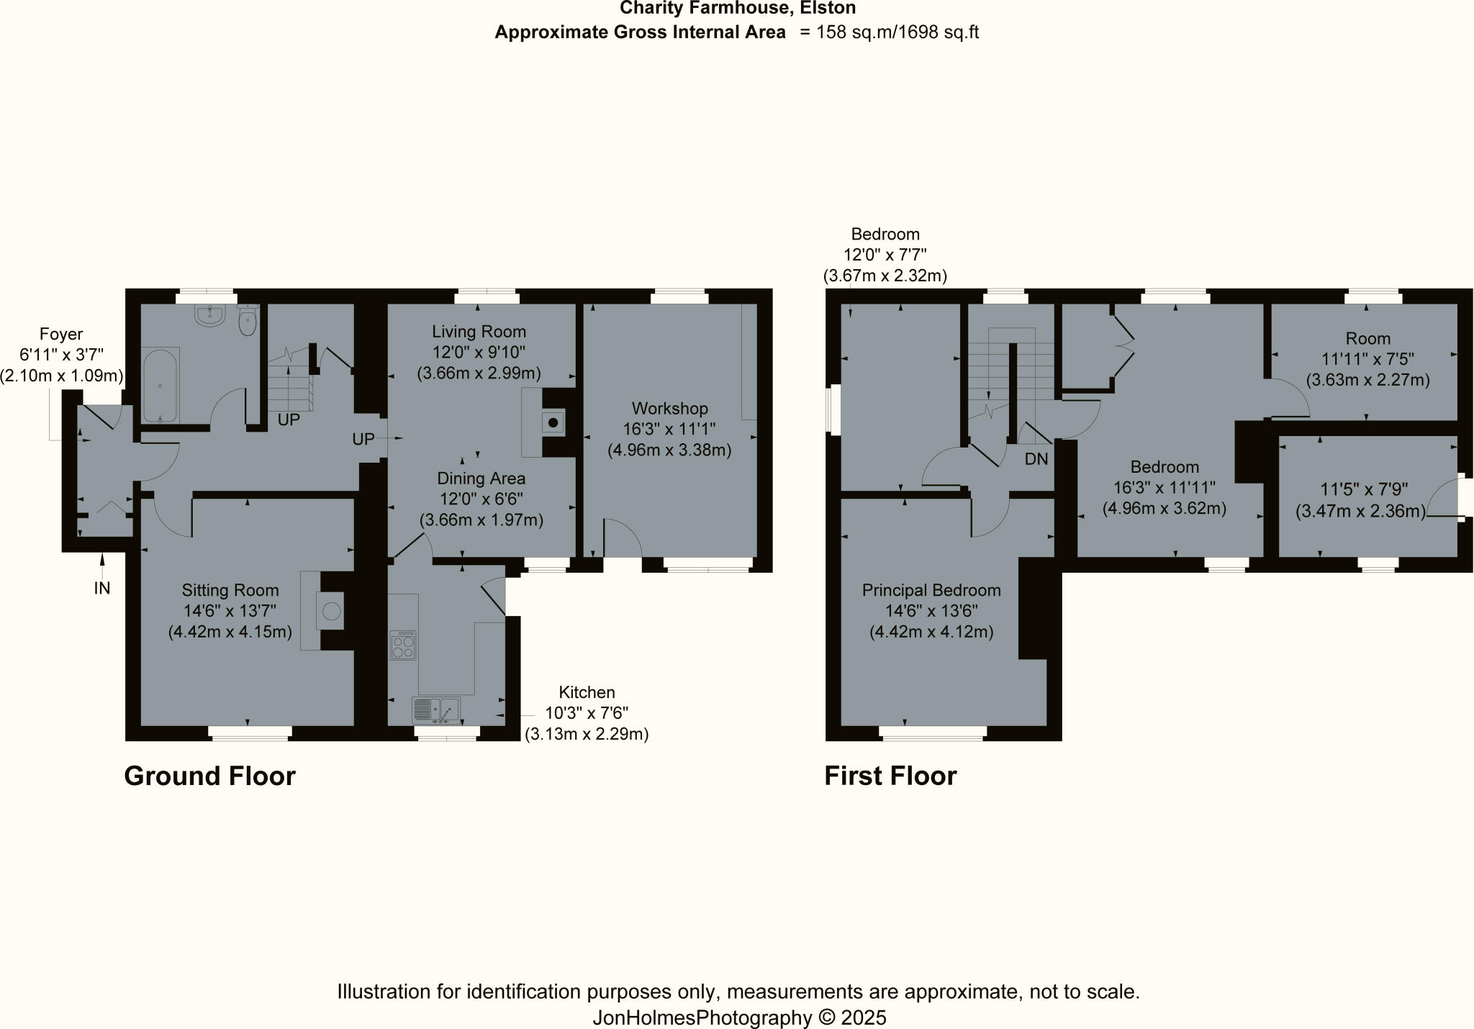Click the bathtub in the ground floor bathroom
pos(160,385)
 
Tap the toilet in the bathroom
pos(247,321)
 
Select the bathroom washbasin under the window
pos(210,315)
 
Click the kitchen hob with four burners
pos(403,645)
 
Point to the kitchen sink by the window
pos(436,710)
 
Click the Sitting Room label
pos(230,591)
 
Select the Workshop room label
pos(669,409)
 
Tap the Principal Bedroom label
pos(931,591)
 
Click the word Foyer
pos(61,335)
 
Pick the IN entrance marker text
pos(102,589)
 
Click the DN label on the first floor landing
pos(1036,459)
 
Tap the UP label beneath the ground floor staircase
pos(289,420)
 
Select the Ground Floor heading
pos(209,776)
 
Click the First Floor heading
pos(890,776)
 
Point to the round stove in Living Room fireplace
pos(553,423)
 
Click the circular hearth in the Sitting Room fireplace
pos(331,611)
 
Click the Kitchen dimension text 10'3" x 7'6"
pos(587,714)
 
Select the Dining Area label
pos(481,479)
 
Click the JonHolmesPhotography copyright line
pos(739,1018)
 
